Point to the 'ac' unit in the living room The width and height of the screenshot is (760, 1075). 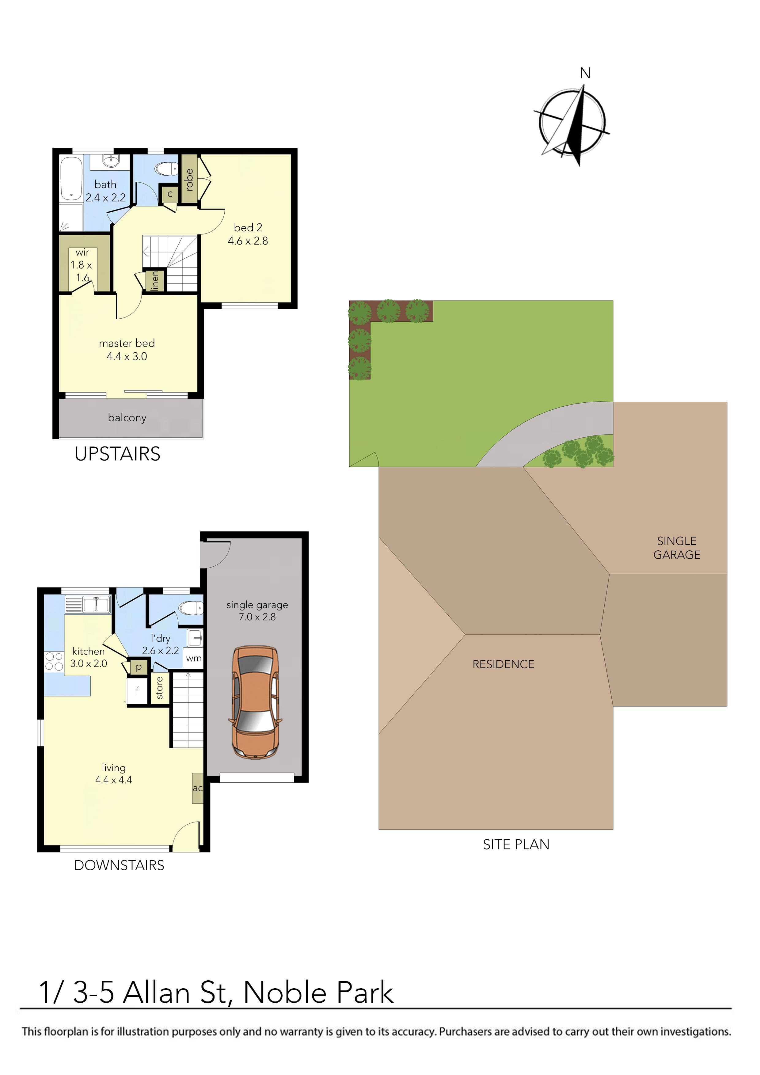pos(198,788)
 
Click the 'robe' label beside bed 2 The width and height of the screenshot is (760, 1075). pos(189,179)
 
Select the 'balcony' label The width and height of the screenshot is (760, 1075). pos(127,418)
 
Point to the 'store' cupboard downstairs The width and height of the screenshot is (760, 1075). pos(160,688)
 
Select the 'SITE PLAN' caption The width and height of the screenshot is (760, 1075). pos(516,845)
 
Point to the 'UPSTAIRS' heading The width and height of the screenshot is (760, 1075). pos(118,454)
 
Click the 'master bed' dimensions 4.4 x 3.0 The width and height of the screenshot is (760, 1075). pos(127,357)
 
